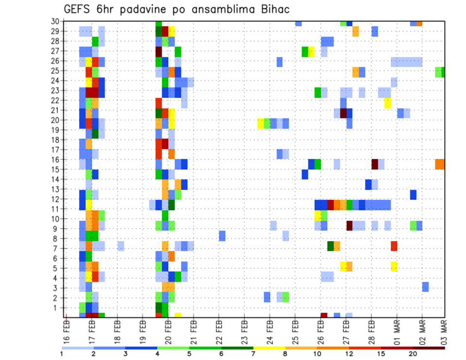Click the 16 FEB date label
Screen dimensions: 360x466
click(67, 330)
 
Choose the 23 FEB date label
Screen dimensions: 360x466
click(244, 330)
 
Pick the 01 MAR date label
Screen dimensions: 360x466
click(397, 330)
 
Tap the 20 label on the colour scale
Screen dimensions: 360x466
click(413, 354)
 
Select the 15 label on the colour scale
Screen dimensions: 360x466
click(381, 354)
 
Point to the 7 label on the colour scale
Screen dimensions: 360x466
click(253, 354)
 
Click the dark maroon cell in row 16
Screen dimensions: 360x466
click(375, 164)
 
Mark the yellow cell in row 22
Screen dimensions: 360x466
click(387, 103)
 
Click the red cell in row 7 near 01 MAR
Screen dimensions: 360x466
click(394, 246)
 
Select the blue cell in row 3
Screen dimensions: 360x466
click(425, 287)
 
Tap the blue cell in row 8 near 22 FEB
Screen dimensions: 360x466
click(222, 236)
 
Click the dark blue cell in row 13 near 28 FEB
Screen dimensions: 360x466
click(368, 184)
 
